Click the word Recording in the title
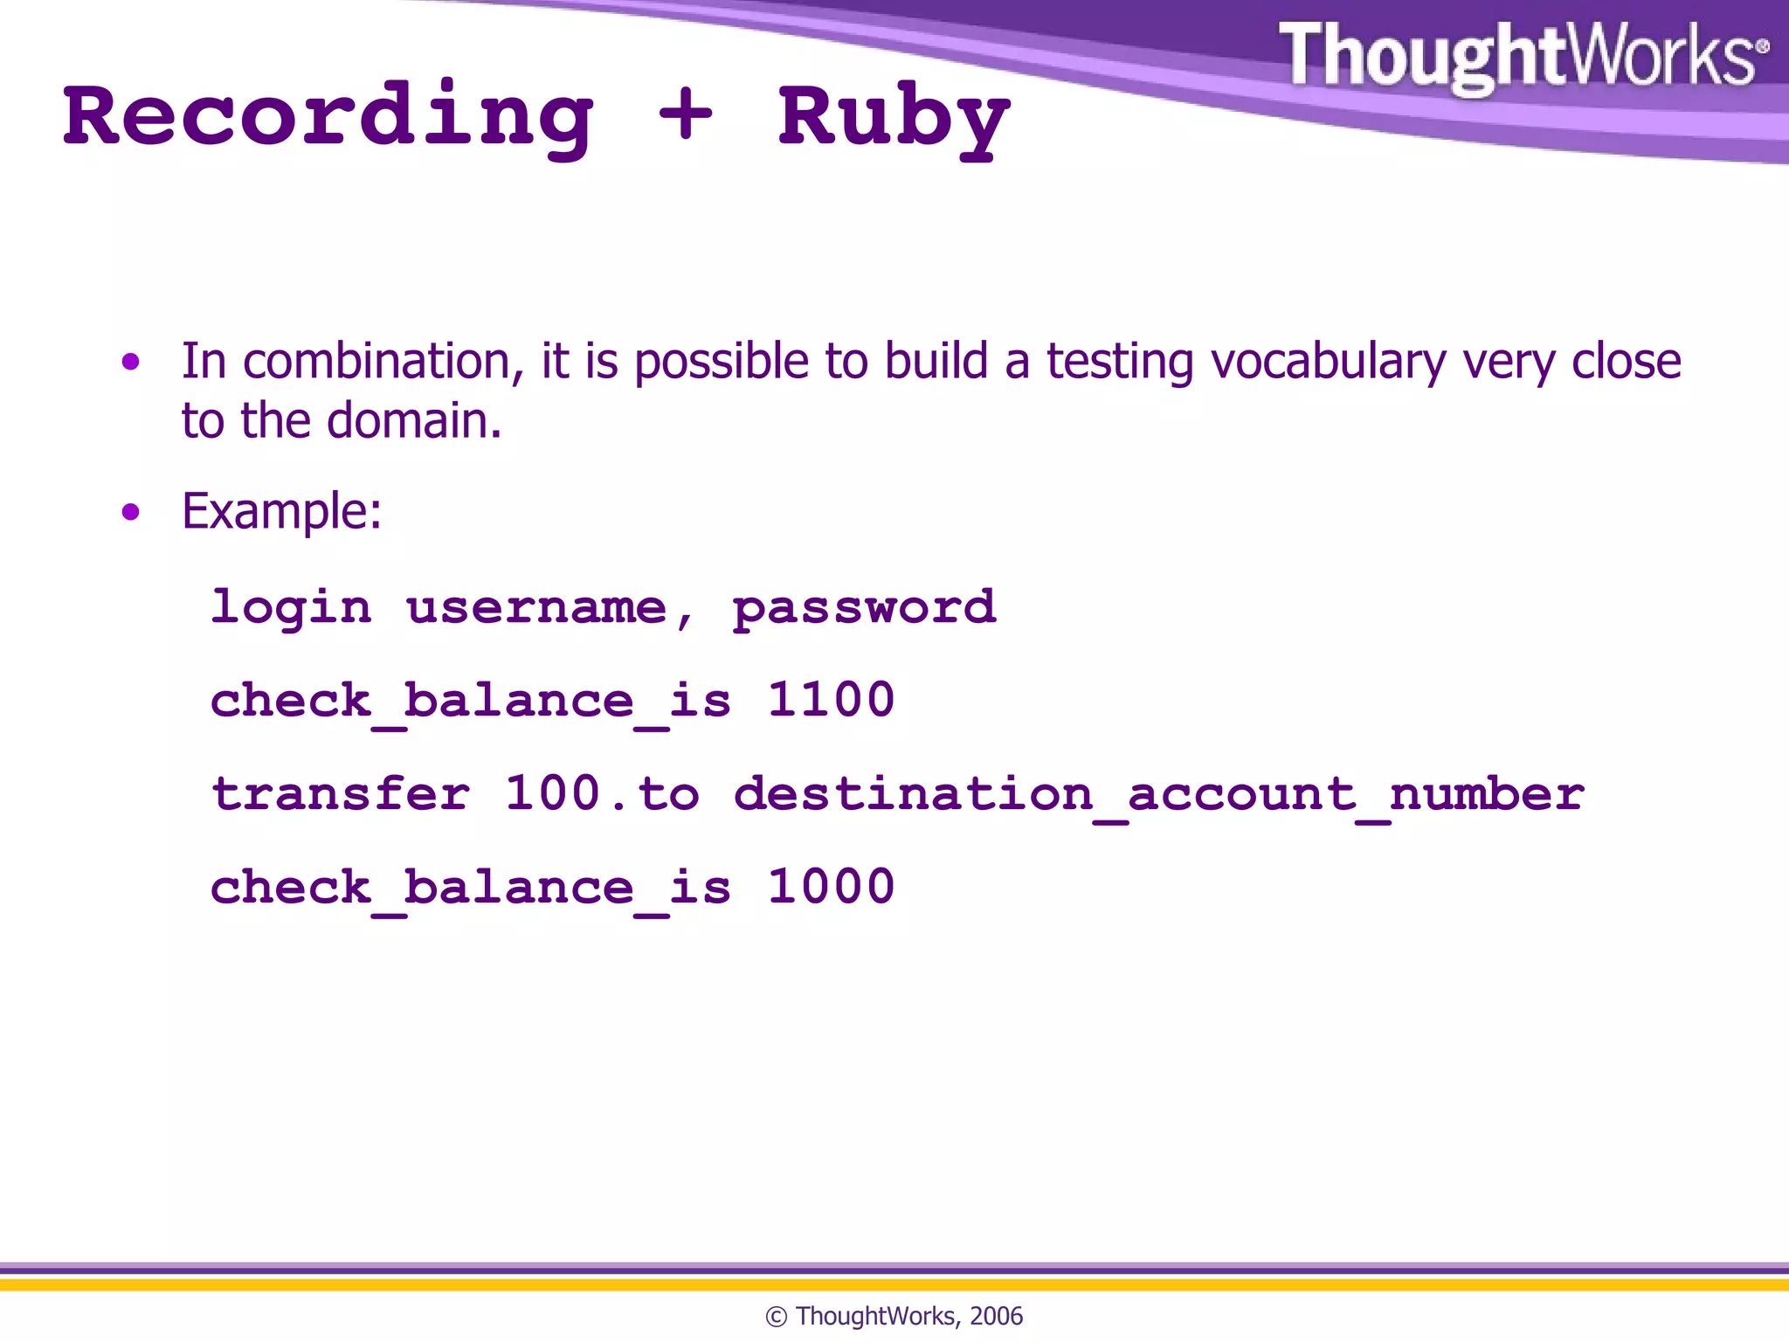click(328, 118)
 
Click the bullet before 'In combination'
click(131, 362)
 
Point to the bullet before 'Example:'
click(131, 512)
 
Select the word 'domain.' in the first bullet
click(414, 421)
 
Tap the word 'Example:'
click(281, 512)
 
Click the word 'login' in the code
click(291, 607)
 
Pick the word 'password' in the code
click(863, 607)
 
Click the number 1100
click(831, 701)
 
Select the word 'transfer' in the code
click(341, 793)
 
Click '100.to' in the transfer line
click(602, 793)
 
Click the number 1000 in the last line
click(831, 887)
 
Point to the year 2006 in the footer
click(996, 1316)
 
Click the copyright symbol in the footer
click(776, 1317)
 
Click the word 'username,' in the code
click(550, 607)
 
